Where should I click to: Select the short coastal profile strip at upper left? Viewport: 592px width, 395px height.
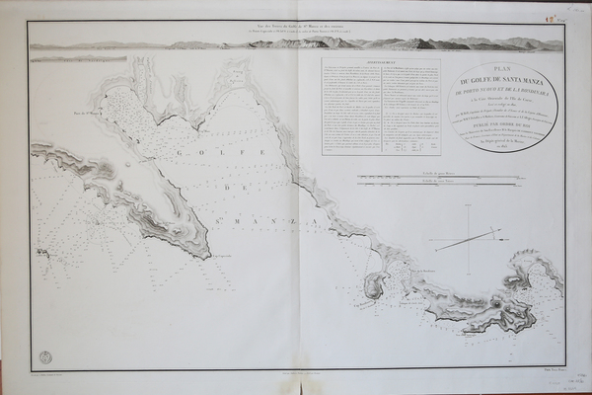pyautogui.click(x=79, y=58)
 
